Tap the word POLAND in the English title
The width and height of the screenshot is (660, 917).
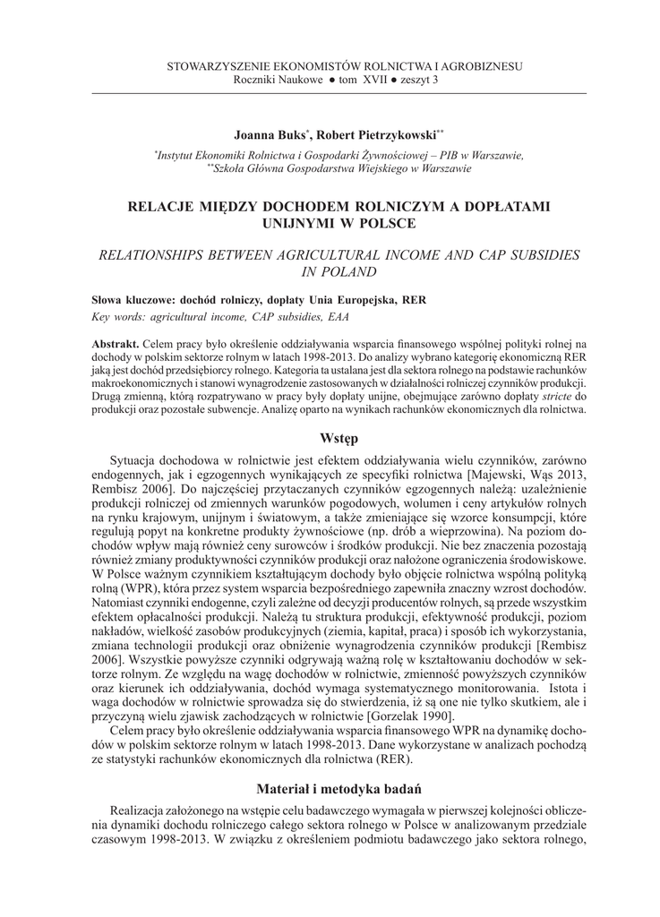click(356, 272)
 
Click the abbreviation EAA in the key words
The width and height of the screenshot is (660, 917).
click(339, 316)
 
